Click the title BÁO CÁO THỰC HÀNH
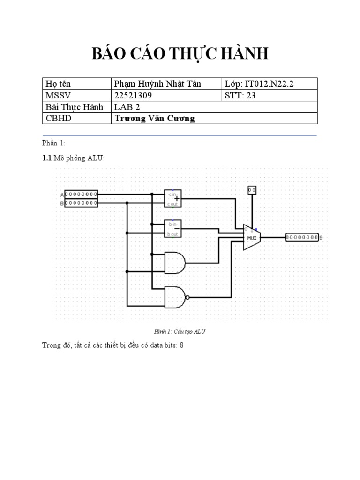click(180, 54)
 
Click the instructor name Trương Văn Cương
click(154, 118)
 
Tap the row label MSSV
click(57, 96)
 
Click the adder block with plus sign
click(173, 198)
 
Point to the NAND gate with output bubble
click(176, 297)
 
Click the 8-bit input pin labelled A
click(81, 194)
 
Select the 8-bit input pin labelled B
click(81, 203)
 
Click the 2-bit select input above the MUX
click(252, 190)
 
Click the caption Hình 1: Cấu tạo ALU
click(180, 331)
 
